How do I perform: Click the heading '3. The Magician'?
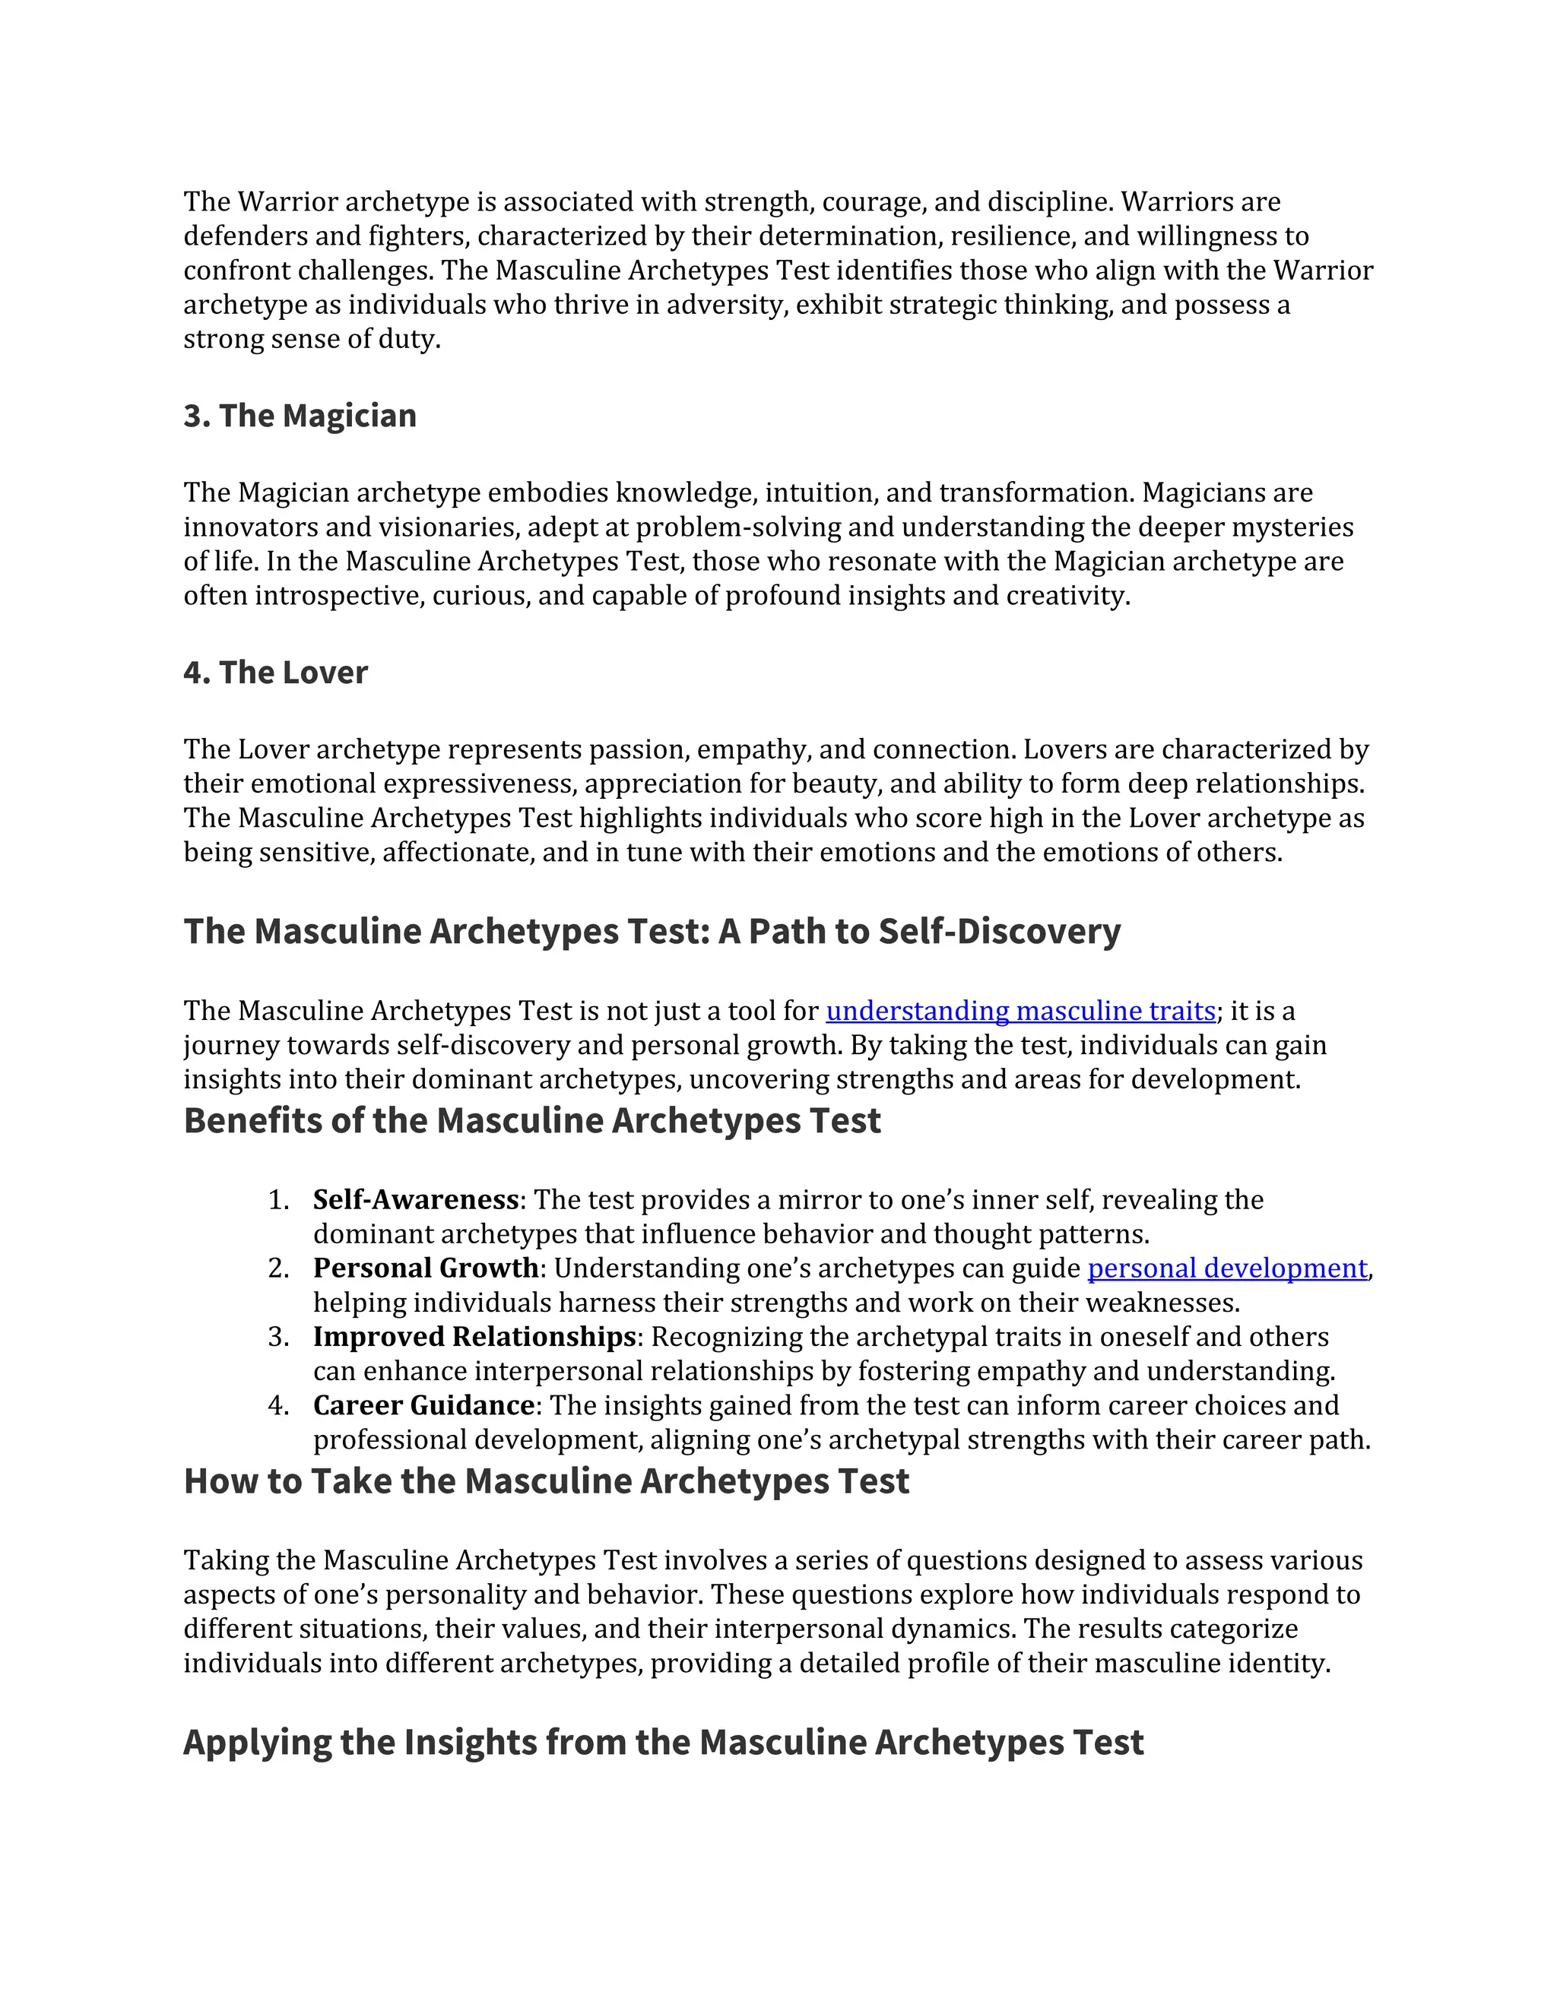pos(300,416)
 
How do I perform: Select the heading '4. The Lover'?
pos(275,673)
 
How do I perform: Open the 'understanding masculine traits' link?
pos(1020,1011)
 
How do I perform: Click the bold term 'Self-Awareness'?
pos(415,1200)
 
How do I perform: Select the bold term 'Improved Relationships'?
pos(474,1336)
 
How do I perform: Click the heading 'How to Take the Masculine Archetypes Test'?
pos(546,1481)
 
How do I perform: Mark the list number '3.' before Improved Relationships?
pos(278,1336)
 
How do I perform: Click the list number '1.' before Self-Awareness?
pos(278,1200)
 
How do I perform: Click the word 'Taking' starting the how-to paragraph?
pos(226,1560)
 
